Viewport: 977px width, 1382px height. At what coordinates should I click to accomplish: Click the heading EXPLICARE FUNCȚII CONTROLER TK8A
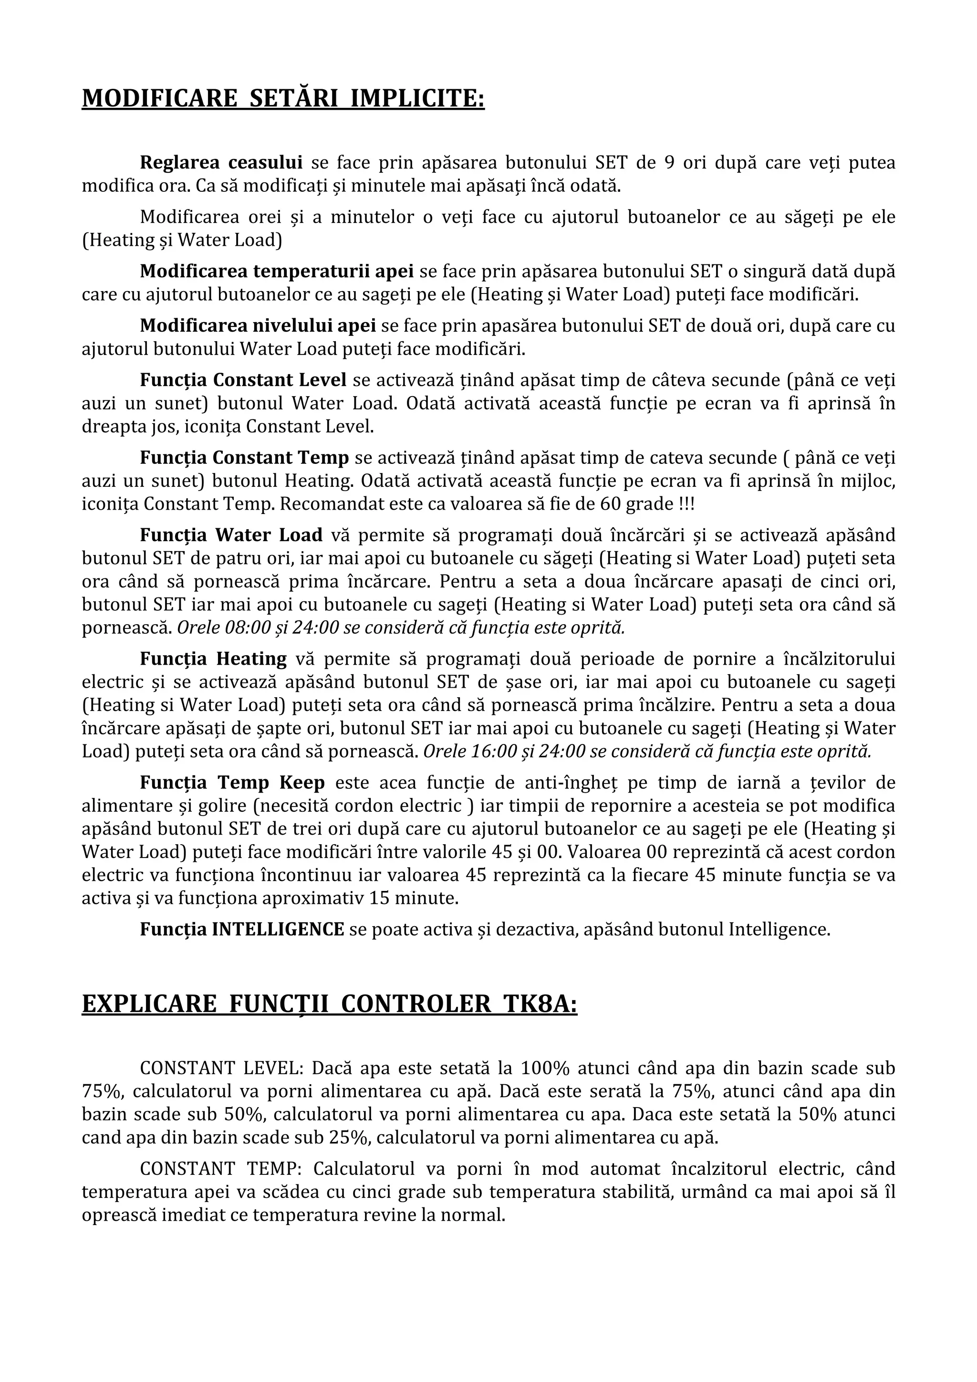point(329,1004)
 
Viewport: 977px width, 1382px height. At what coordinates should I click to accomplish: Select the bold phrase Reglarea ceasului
point(221,163)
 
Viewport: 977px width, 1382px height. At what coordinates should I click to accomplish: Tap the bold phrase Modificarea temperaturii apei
point(277,272)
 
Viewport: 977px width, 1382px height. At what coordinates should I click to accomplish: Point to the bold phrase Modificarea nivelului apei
point(258,325)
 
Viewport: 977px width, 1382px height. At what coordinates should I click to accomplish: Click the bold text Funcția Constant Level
point(243,380)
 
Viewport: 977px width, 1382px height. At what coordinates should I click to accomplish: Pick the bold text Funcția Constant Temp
point(244,458)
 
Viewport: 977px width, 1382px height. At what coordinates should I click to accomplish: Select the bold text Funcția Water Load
point(232,535)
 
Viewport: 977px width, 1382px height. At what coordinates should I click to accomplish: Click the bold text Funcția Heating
point(214,659)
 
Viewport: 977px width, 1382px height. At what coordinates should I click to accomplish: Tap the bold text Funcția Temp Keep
point(232,783)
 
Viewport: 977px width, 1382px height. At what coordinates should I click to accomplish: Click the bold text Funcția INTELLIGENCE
point(242,929)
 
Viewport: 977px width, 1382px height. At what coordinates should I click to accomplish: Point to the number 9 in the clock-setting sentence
point(669,163)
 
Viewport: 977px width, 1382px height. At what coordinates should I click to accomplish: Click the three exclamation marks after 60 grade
point(686,504)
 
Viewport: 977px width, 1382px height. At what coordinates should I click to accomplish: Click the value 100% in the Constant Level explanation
point(544,1068)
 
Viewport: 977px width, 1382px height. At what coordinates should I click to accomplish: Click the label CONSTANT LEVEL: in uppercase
point(221,1068)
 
